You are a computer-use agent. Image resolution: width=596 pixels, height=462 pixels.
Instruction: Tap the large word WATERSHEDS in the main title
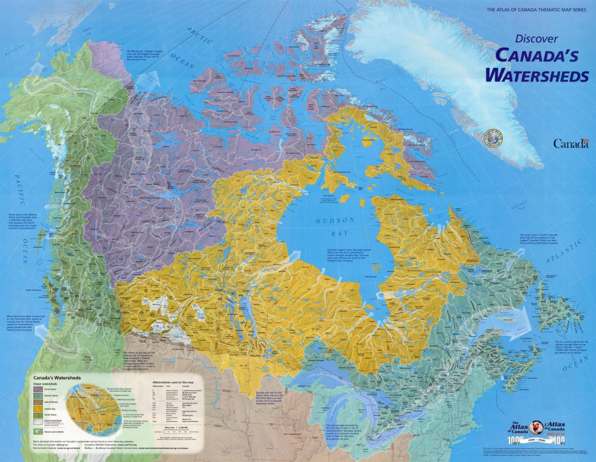coord(530,75)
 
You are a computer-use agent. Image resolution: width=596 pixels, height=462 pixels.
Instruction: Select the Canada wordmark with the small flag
coord(570,143)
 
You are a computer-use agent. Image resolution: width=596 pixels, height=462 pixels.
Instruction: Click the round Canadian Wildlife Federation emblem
coord(493,138)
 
